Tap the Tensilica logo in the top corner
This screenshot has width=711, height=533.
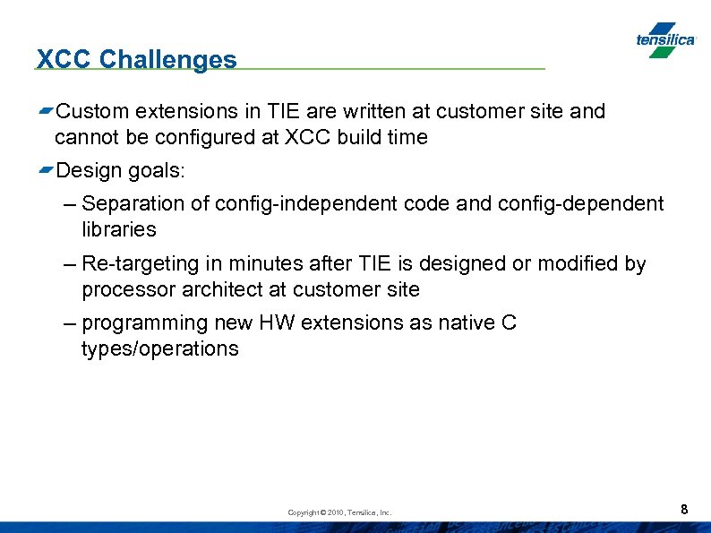[664, 40]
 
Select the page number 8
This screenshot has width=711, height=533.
[684, 510]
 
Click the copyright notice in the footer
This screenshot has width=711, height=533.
[339, 512]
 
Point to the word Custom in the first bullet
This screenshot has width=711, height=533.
[92, 112]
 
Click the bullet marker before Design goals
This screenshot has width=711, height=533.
[46, 170]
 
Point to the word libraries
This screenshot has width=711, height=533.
[118, 229]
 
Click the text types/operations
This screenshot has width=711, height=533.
[159, 348]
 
